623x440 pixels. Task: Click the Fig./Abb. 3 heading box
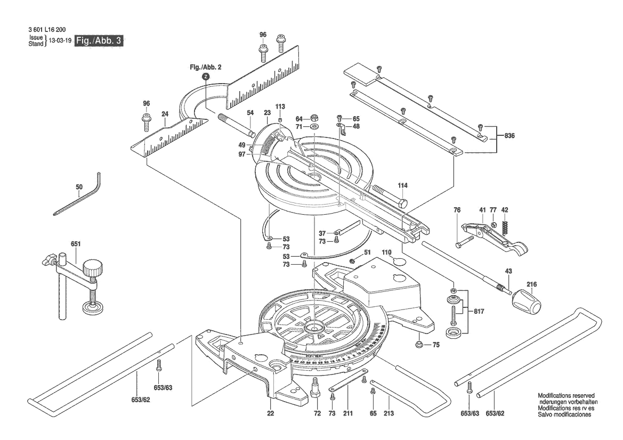[100, 40]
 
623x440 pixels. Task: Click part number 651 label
[75, 244]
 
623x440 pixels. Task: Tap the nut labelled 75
[420, 344]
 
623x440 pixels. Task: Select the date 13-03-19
[60, 40]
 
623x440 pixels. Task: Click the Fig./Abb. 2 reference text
[205, 68]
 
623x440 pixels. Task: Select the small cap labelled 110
[401, 260]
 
